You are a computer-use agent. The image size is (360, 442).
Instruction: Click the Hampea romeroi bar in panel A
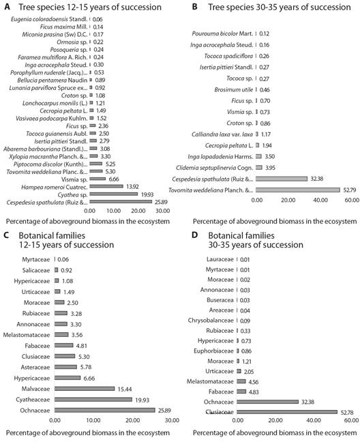[106, 186]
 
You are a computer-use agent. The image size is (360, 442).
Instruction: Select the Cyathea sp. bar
[114, 194]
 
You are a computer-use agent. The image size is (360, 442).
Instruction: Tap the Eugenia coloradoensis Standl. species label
[49, 19]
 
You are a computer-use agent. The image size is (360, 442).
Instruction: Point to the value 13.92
[132, 187]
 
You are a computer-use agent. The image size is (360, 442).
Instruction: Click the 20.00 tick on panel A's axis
[138, 211]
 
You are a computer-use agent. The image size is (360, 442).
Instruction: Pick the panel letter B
[194, 7]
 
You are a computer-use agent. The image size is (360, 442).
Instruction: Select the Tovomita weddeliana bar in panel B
[298, 190]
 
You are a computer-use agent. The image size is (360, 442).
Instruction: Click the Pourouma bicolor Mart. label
[222, 33]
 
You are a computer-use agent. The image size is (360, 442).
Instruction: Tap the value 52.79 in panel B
[350, 190]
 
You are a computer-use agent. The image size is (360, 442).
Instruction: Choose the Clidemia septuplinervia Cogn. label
[215, 168]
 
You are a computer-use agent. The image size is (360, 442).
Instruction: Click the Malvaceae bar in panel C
[85, 389]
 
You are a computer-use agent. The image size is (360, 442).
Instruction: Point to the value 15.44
[125, 389]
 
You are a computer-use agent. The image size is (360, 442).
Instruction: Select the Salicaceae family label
[36, 270]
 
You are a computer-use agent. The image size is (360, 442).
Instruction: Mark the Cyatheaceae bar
[93, 400]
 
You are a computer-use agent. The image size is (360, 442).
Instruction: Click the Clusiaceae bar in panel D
[287, 412]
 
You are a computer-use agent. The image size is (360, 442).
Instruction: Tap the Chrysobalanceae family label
[211, 321]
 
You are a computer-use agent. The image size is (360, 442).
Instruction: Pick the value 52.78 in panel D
[347, 413]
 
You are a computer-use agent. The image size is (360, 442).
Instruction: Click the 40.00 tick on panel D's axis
[314, 420]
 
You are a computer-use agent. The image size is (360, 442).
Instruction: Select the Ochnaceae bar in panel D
[268, 402]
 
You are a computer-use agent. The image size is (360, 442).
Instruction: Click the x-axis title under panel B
[275, 221]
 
